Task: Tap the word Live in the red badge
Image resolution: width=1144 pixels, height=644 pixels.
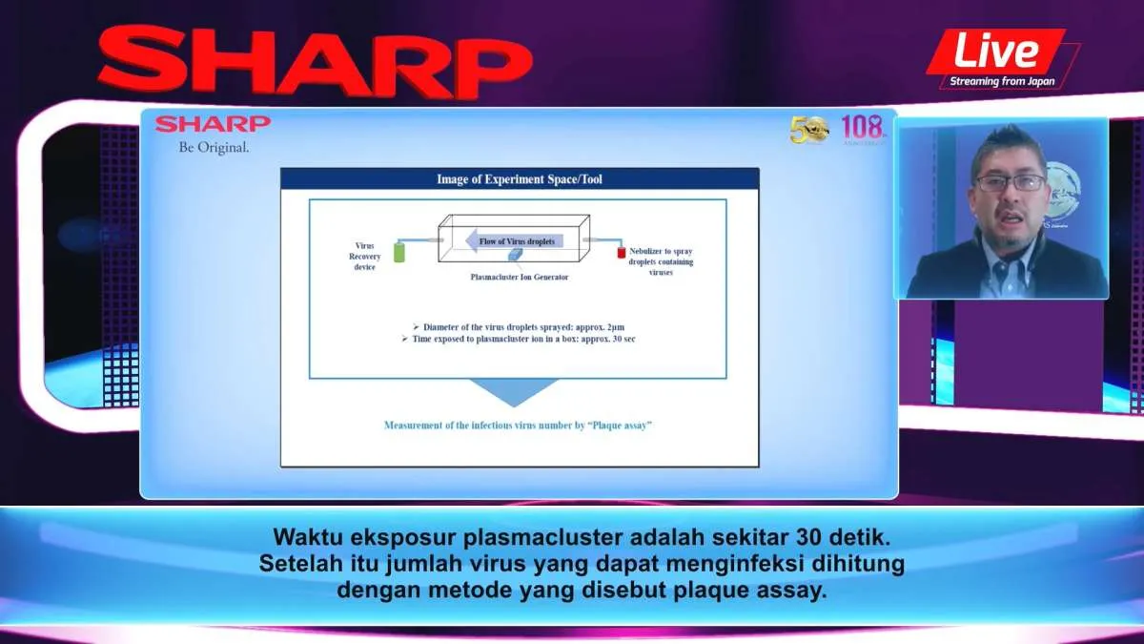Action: (996, 50)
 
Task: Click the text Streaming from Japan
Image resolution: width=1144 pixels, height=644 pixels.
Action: (1001, 81)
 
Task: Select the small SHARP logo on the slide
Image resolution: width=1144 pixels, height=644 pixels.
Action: (214, 124)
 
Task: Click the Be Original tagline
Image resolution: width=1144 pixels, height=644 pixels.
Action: (214, 147)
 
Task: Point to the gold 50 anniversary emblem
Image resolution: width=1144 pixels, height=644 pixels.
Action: (809, 129)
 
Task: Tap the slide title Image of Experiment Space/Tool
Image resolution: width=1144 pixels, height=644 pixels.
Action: (520, 178)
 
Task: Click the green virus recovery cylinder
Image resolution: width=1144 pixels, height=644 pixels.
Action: (399, 253)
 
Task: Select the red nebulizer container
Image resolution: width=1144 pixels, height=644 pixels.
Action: (620, 253)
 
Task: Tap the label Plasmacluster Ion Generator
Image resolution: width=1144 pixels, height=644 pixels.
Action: (520, 277)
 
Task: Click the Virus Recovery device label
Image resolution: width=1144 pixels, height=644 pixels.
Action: (364, 256)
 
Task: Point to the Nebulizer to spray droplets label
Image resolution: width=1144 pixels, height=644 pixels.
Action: (661, 261)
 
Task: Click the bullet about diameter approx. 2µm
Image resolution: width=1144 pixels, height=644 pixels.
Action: (519, 326)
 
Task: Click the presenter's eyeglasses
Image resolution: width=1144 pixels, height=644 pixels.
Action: (1010, 182)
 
